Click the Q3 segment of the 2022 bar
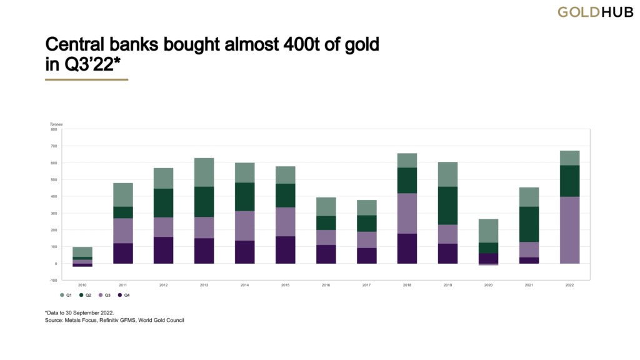569,229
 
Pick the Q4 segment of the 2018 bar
407,248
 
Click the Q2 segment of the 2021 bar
529,224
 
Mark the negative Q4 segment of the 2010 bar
82,265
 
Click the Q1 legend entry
65,295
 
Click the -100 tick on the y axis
54,280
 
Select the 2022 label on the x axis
569,285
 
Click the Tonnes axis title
56,124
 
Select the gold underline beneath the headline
87,79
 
